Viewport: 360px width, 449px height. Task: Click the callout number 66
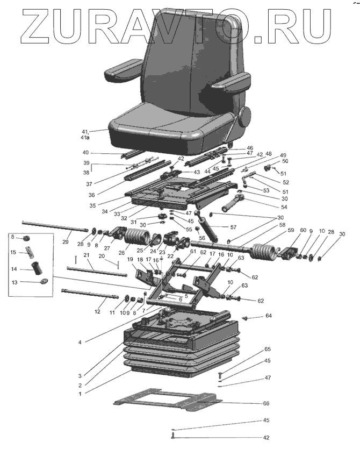click(x=266, y=403)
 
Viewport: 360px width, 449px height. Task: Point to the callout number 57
click(x=233, y=227)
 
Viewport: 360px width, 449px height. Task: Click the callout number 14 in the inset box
click(x=15, y=269)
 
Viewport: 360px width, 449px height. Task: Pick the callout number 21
click(x=85, y=255)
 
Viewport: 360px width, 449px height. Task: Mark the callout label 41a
click(x=84, y=137)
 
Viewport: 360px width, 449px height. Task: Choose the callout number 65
click(x=267, y=350)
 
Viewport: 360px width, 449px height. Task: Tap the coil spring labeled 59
click(x=266, y=251)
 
